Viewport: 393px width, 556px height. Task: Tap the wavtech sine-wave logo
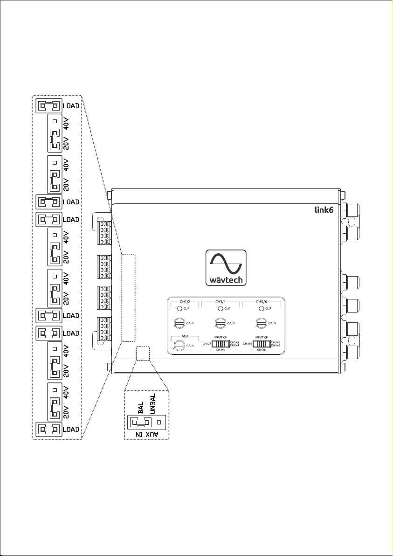pos(226,267)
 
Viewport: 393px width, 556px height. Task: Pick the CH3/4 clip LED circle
pos(220,308)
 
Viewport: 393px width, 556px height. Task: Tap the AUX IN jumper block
pos(141,423)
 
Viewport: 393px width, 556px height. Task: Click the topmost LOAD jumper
pos(48,105)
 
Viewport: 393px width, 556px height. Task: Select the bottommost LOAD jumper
pos(48,429)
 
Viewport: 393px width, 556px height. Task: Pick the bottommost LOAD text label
pos(71,429)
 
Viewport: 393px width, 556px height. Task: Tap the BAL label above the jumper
pos(140,403)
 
